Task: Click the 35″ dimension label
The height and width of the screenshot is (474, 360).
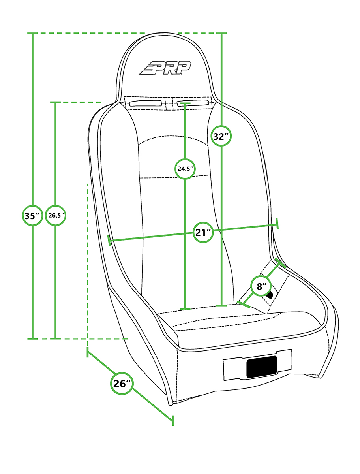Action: click(33, 216)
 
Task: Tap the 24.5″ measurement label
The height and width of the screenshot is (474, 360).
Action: click(185, 169)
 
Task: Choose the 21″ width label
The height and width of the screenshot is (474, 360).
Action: click(203, 232)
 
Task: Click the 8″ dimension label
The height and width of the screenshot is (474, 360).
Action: click(261, 286)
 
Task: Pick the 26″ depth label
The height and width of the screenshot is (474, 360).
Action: click(122, 384)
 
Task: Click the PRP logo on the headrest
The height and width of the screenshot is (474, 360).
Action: click(165, 68)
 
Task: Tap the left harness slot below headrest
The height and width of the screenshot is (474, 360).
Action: click(145, 103)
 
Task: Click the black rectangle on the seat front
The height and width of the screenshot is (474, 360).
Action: click(261, 367)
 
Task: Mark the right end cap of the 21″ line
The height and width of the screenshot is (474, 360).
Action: click(277, 224)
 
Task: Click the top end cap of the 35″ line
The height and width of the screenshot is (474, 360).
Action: click(33, 33)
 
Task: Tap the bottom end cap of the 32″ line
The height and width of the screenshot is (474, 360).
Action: click(221, 306)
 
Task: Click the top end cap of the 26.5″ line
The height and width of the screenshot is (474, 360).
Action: click(55, 102)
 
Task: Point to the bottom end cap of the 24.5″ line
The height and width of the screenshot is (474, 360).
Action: click(185, 309)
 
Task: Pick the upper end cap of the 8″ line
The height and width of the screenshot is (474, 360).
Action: click(281, 263)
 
